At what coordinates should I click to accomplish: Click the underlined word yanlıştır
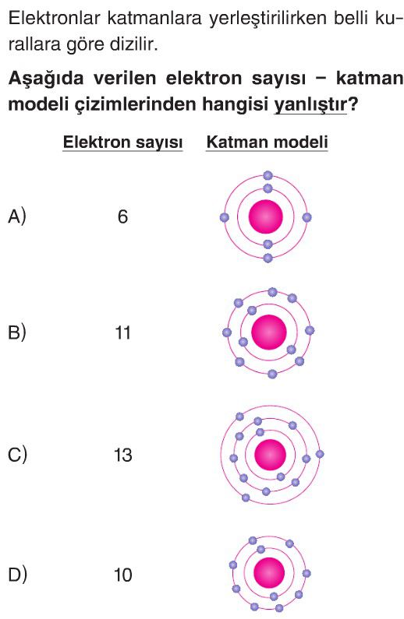click(x=310, y=104)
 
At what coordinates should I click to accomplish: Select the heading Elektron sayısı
click(x=122, y=142)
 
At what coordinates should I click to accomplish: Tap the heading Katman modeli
click(x=268, y=142)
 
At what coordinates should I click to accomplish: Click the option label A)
click(x=17, y=216)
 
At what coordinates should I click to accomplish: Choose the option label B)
click(x=17, y=332)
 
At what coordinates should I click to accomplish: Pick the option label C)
click(x=17, y=455)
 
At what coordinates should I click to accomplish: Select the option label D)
click(x=17, y=575)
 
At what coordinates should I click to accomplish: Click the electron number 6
click(x=122, y=216)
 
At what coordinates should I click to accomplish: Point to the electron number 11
click(x=122, y=332)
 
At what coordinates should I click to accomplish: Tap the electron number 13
click(x=122, y=455)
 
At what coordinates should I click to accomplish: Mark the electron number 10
click(x=122, y=575)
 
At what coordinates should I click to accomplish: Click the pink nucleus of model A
click(x=266, y=216)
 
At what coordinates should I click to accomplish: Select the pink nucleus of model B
click(x=269, y=332)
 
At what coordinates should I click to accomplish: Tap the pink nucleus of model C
click(x=270, y=454)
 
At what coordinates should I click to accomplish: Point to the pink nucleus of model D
click(x=269, y=573)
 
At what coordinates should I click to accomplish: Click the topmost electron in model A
click(x=268, y=175)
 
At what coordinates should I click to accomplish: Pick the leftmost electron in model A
click(x=225, y=217)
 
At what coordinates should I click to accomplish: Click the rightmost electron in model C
click(x=320, y=454)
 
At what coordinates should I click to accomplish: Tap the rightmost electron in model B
click(x=310, y=330)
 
